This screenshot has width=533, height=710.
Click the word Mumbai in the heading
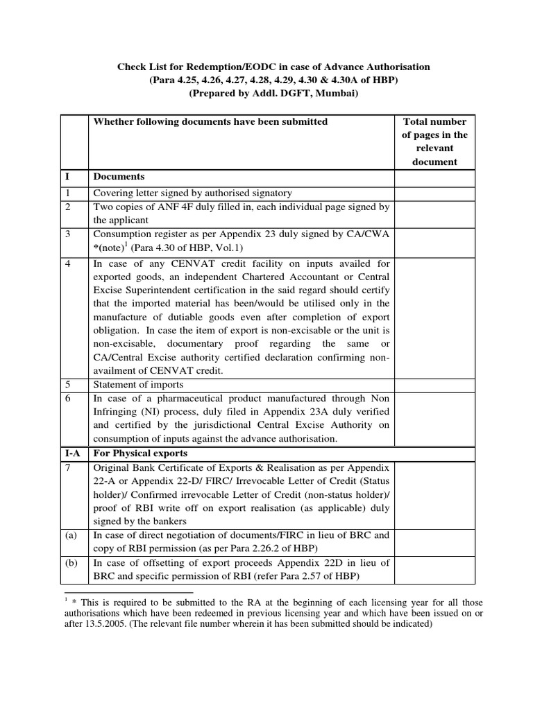tap(336, 93)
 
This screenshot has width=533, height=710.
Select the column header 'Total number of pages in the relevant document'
tap(435, 141)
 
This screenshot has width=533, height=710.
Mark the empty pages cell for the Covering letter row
tap(435, 193)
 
